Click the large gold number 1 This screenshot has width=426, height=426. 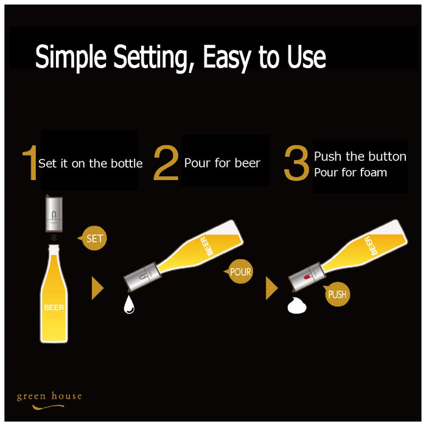click(30, 162)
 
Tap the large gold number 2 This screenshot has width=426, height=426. click(166, 162)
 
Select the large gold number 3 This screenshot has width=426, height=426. click(296, 162)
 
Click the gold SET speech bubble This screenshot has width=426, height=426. click(93, 239)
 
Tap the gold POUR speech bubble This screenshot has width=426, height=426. click(239, 271)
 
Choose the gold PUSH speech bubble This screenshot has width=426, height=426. click(337, 294)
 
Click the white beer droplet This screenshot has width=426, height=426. click(129, 304)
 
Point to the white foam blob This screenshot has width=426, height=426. click(297, 306)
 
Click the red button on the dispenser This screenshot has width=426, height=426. click(307, 277)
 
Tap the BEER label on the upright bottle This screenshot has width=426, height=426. click(54, 307)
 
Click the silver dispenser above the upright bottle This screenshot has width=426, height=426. click(54, 214)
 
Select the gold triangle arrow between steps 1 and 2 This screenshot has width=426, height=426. click(97, 288)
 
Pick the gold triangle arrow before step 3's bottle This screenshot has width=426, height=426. click(271, 288)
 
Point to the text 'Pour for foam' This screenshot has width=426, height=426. click(350, 172)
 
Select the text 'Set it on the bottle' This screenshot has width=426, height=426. click(91, 164)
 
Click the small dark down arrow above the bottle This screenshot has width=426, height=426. click(54, 239)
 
